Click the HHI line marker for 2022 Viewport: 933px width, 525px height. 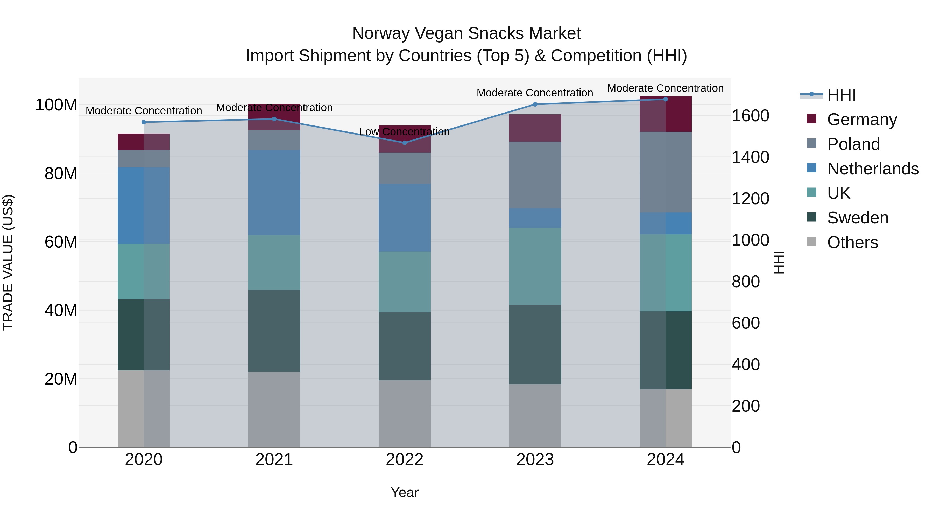point(405,143)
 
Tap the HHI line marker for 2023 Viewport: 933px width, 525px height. point(535,104)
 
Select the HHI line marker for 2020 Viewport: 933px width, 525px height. point(144,122)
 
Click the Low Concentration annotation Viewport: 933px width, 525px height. point(404,132)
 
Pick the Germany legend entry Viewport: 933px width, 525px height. point(862,120)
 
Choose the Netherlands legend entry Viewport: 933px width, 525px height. point(873,169)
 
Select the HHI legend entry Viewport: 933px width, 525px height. point(841,95)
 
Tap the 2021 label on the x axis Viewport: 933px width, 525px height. point(274,460)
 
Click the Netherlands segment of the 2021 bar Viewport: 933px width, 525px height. point(274,192)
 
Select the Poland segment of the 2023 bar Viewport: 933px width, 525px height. point(535,175)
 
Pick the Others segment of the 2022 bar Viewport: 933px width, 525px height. point(405,414)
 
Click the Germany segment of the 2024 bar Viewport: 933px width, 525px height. point(665,114)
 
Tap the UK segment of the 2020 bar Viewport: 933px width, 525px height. point(144,271)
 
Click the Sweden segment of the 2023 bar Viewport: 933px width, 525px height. point(535,345)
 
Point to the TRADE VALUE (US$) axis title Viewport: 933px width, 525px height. point(8,262)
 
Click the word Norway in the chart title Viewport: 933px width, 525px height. point(381,33)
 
